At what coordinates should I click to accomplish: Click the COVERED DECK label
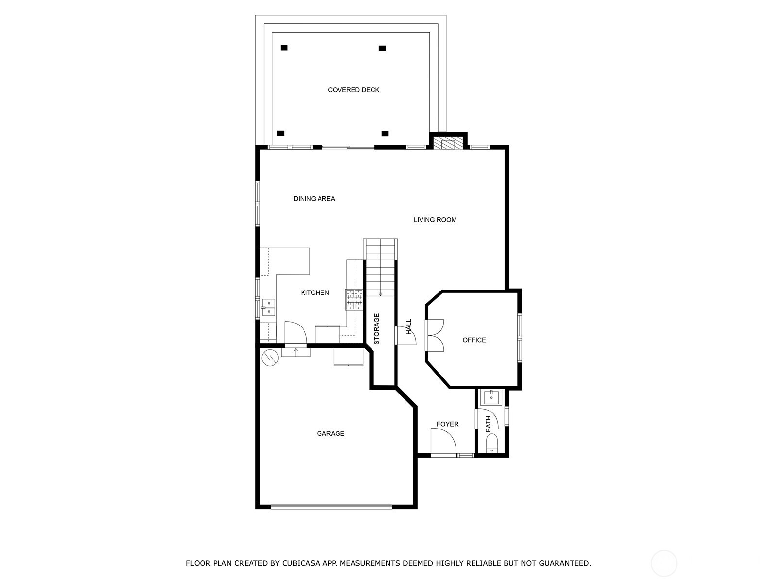[x=353, y=90]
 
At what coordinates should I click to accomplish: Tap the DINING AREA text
[x=314, y=199]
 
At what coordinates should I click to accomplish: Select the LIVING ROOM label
[x=435, y=220]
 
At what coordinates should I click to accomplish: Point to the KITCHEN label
[x=315, y=292]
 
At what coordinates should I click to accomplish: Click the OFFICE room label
[x=474, y=340]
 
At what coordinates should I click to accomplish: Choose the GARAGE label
[x=330, y=433]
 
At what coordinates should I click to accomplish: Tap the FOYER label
[x=447, y=424]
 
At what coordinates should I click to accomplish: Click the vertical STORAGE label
[x=377, y=329]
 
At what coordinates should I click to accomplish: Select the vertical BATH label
[x=488, y=424]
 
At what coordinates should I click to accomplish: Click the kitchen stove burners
[x=354, y=299]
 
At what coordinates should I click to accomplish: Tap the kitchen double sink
[x=269, y=307]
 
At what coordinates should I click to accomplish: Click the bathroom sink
[x=491, y=397]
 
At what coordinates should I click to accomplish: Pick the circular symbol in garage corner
[x=270, y=358]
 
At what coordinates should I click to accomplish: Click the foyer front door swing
[x=443, y=441]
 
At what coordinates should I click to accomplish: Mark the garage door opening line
[x=332, y=507]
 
